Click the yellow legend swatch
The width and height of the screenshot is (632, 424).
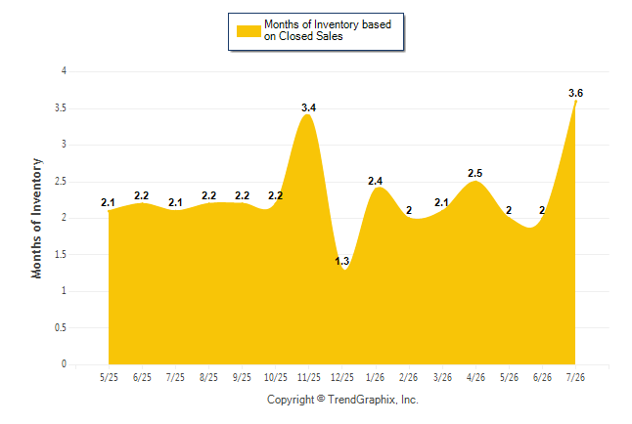[x=248, y=31]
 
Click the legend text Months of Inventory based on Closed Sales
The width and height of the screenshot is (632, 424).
[x=328, y=30]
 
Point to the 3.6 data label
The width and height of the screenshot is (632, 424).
[x=575, y=93]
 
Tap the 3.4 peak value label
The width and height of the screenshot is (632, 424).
[x=309, y=107]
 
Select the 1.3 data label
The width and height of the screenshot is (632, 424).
[x=341, y=261]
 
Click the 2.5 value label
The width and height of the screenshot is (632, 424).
[x=474, y=173]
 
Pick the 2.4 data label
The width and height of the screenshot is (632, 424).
[x=375, y=181]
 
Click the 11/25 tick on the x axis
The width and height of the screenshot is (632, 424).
[x=309, y=377]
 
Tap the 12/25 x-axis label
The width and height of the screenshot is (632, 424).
[x=341, y=377]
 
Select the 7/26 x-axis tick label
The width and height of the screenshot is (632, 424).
[x=575, y=377]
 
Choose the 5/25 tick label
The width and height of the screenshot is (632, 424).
[x=109, y=377]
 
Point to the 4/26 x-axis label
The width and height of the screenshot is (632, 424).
[x=475, y=377]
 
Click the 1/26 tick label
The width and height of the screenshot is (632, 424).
[x=376, y=377]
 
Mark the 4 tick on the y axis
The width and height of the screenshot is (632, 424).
[x=64, y=71]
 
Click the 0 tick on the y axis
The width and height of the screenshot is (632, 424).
[x=64, y=364]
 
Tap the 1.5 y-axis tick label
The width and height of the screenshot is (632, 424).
[x=61, y=254]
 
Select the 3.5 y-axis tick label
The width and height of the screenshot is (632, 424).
[x=61, y=108]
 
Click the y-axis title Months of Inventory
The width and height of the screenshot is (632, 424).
[x=36, y=218]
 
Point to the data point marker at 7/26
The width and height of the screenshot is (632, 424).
[x=575, y=102]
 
